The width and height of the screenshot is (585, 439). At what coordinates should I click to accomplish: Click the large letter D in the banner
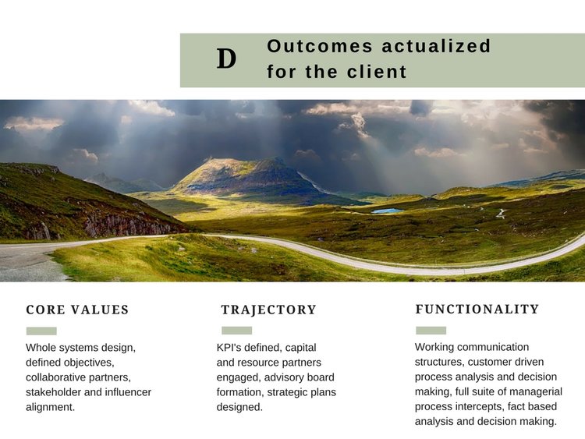coord(226,59)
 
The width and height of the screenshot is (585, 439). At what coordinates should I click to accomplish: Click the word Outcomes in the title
coord(320,46)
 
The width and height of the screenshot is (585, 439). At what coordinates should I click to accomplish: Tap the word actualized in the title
coord(436,46)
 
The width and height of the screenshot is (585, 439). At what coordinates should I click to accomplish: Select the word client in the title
coord(377,72)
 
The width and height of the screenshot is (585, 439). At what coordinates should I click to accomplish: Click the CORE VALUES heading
coord(77,310)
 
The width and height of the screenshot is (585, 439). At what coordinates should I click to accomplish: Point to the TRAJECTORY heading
coord(268,310)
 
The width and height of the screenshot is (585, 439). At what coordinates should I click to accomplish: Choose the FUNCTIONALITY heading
coord(477,310)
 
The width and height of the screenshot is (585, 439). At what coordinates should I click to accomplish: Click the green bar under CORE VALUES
coord(41,331)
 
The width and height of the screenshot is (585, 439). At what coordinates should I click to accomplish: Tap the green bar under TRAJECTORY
coord(236,331)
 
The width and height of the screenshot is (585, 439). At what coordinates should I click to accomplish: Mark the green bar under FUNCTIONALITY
coord(431,331)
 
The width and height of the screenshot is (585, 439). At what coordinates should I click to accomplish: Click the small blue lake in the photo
coord(388,211)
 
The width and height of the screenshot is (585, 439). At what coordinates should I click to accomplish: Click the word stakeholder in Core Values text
coord(53,392)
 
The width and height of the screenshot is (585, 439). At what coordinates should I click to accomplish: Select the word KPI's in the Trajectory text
coord(229,348)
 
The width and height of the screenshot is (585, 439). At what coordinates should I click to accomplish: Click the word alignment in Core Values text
coord(51,407)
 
